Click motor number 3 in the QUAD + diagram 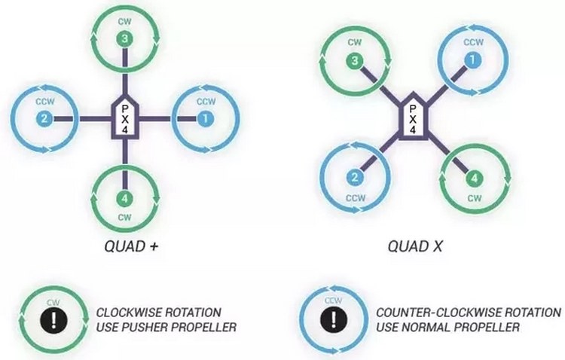pyautogui.click(x=125, y=38)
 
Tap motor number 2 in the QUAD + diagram pyautogui.click(x=44, y=118)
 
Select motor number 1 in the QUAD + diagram pyautogui.click(x=206, y=118)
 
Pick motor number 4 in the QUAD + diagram pyautogui.click(x=125, y=200)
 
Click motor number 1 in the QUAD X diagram pyautogui.click(x=473, y=59)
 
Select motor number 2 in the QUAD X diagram pyautogui.click(x=353, y=178)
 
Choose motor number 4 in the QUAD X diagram pyautogui.click(x=473, y=178)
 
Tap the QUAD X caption pyautogui.click(x=413, y=246)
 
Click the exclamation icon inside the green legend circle pyautogui.click(x=53, y=318)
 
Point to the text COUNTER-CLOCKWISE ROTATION pyautogui.click(x=468, y=312)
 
